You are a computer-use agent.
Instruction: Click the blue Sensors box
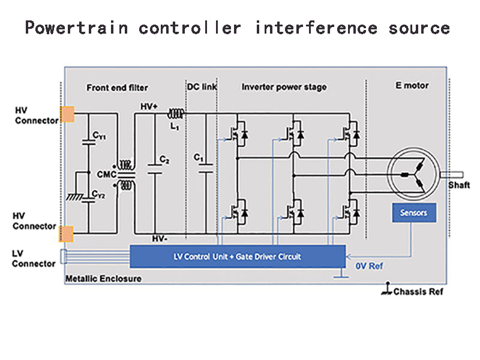click(413, 212)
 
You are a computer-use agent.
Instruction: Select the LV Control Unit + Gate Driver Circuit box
click(238, 256)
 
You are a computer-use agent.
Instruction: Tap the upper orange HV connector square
click(67, 113)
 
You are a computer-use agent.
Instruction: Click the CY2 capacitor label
click(99, 194)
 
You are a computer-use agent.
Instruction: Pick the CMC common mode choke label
click(108, 174)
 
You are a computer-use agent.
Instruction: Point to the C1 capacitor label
click(199, 157)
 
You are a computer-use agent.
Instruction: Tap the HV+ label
click(149, 106)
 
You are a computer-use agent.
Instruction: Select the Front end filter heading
click(117, 88)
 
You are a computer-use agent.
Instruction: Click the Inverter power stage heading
click(284, 87)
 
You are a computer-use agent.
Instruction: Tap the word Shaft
click(459, 185)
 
